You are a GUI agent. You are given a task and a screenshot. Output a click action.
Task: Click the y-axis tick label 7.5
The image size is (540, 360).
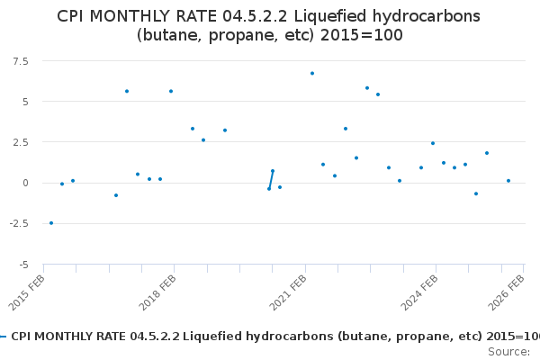pyautogui.click(x=19, y=60)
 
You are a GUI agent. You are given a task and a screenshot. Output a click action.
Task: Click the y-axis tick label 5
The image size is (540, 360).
pyautogui.click(x=23, y=102)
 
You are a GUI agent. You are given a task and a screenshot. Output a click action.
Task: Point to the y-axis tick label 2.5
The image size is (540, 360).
pyautogui.click(x=19, y=142)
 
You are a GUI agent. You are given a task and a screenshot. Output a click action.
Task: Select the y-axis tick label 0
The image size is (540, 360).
pyautogui.click(x=23, y=183)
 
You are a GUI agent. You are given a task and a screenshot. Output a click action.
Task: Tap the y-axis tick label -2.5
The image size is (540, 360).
pyautogui.click(x=17, y=224)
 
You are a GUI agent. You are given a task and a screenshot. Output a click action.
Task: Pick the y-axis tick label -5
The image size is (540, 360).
pyautogui.click(x=22, y=265)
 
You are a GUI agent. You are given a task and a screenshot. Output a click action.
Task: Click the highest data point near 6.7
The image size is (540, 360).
pyautogui.click(x=312, y=73)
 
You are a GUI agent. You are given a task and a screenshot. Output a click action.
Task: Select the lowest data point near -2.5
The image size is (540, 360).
pyautogui.click(x=51, y=223)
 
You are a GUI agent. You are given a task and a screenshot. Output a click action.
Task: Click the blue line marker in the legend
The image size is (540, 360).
pyautogui.click(x=4, y=336)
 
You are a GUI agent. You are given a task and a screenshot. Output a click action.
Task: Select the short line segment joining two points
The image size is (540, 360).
pyautogui.click(x=271, y=180)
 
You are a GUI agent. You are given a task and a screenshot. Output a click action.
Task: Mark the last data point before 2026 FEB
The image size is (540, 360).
pyautogui.click(x=508, y=181)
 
